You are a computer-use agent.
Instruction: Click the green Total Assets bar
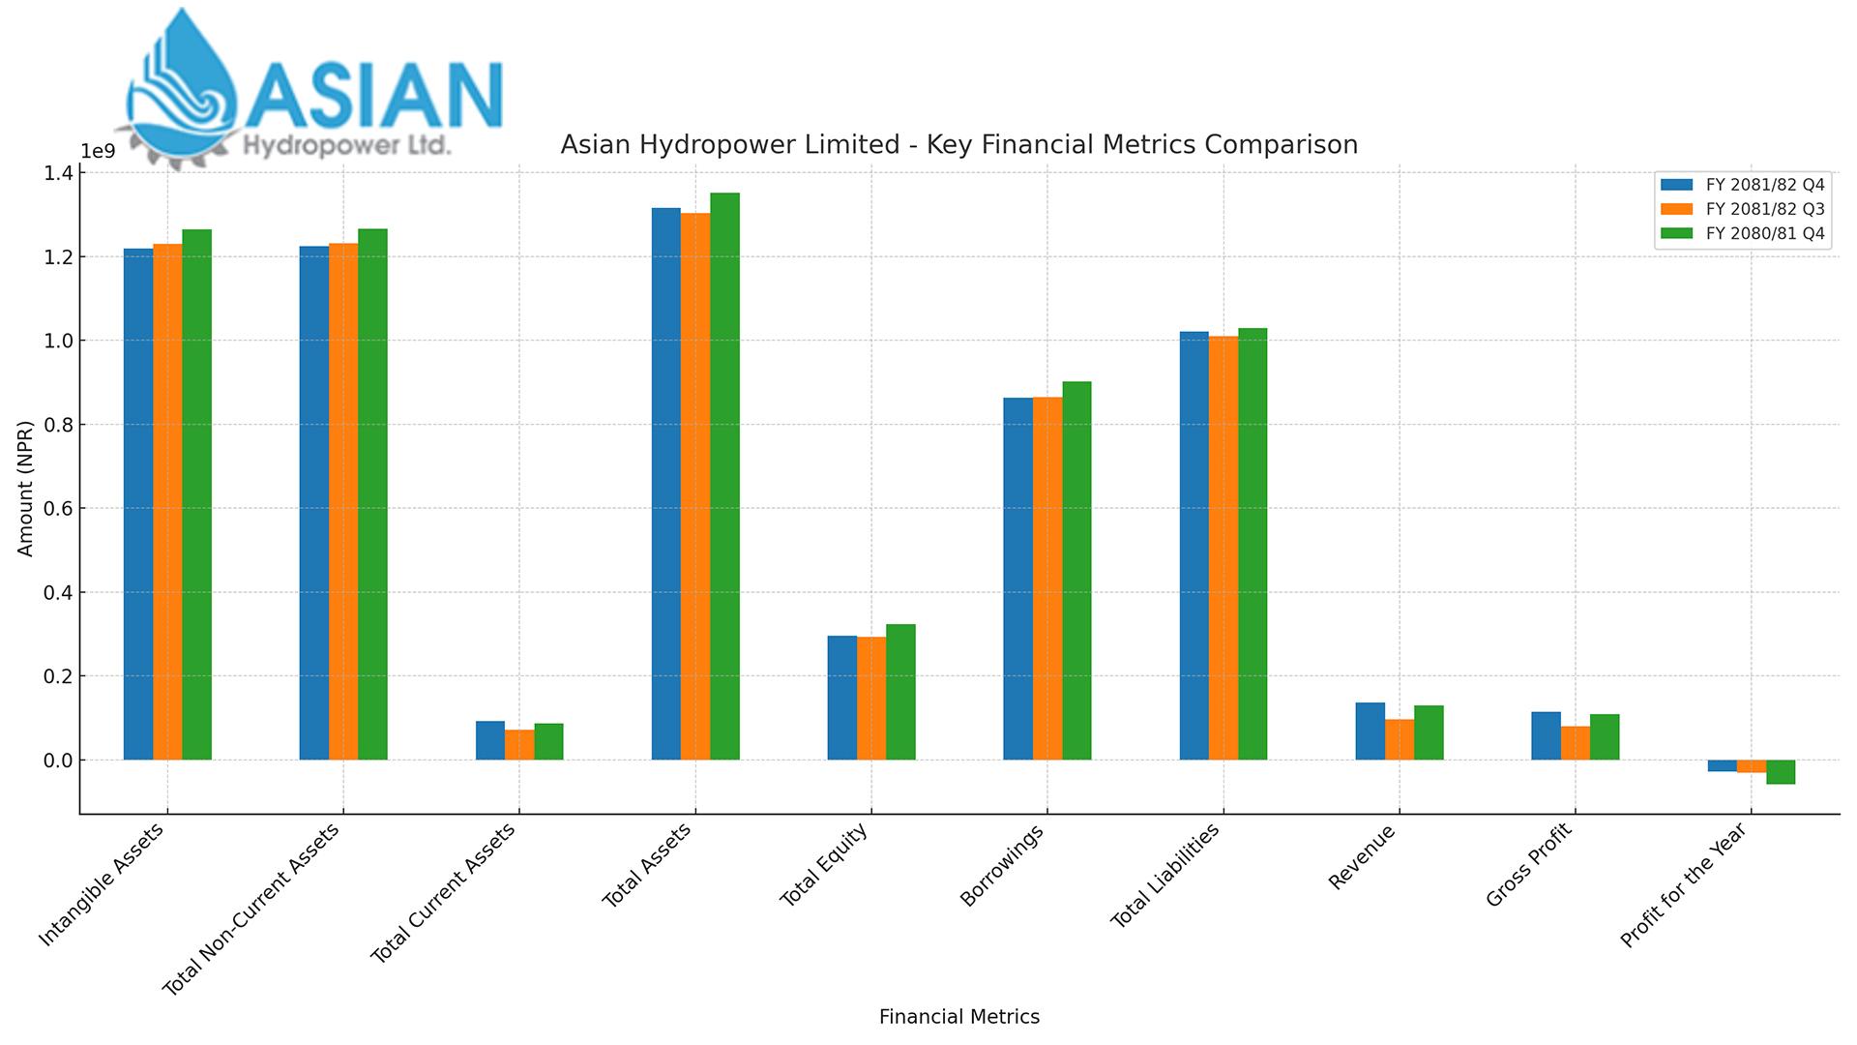pyautogui.click(x=724, y=476)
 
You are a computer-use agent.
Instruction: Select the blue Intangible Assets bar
pyautogui.click(x=138, y=504)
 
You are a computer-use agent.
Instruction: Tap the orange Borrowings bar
pyautogui.click(x=1047, y=578)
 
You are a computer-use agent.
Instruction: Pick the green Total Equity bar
pyautogui.click(x=900, y=692)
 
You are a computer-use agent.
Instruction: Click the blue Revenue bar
pyautogui.click(x=1370, y=731)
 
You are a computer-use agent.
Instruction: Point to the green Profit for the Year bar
pyautogui.click(x=1781, y=772)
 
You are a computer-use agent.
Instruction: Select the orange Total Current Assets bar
pyautogui.click(x=519, y=745)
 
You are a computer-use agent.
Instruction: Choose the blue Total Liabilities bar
pyautogui.click(x=1194, y=546)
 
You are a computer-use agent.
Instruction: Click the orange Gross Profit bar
pyautogui.click(x=1575, y=743)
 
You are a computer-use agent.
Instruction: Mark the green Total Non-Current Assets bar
pyautogui.click(x=372, y=494)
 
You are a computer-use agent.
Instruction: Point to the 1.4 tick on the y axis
pyautogui.click(x=58, y=173)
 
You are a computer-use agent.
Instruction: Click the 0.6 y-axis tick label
pyautogui.click(x=58, y=508)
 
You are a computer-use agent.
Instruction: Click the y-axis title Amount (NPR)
pyautogui.click(x=26, y=488)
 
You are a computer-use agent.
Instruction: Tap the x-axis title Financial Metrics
pyautogui.click(x=958, y=1017)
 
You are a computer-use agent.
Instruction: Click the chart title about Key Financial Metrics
pyautogui.click(x=958, y=145)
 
